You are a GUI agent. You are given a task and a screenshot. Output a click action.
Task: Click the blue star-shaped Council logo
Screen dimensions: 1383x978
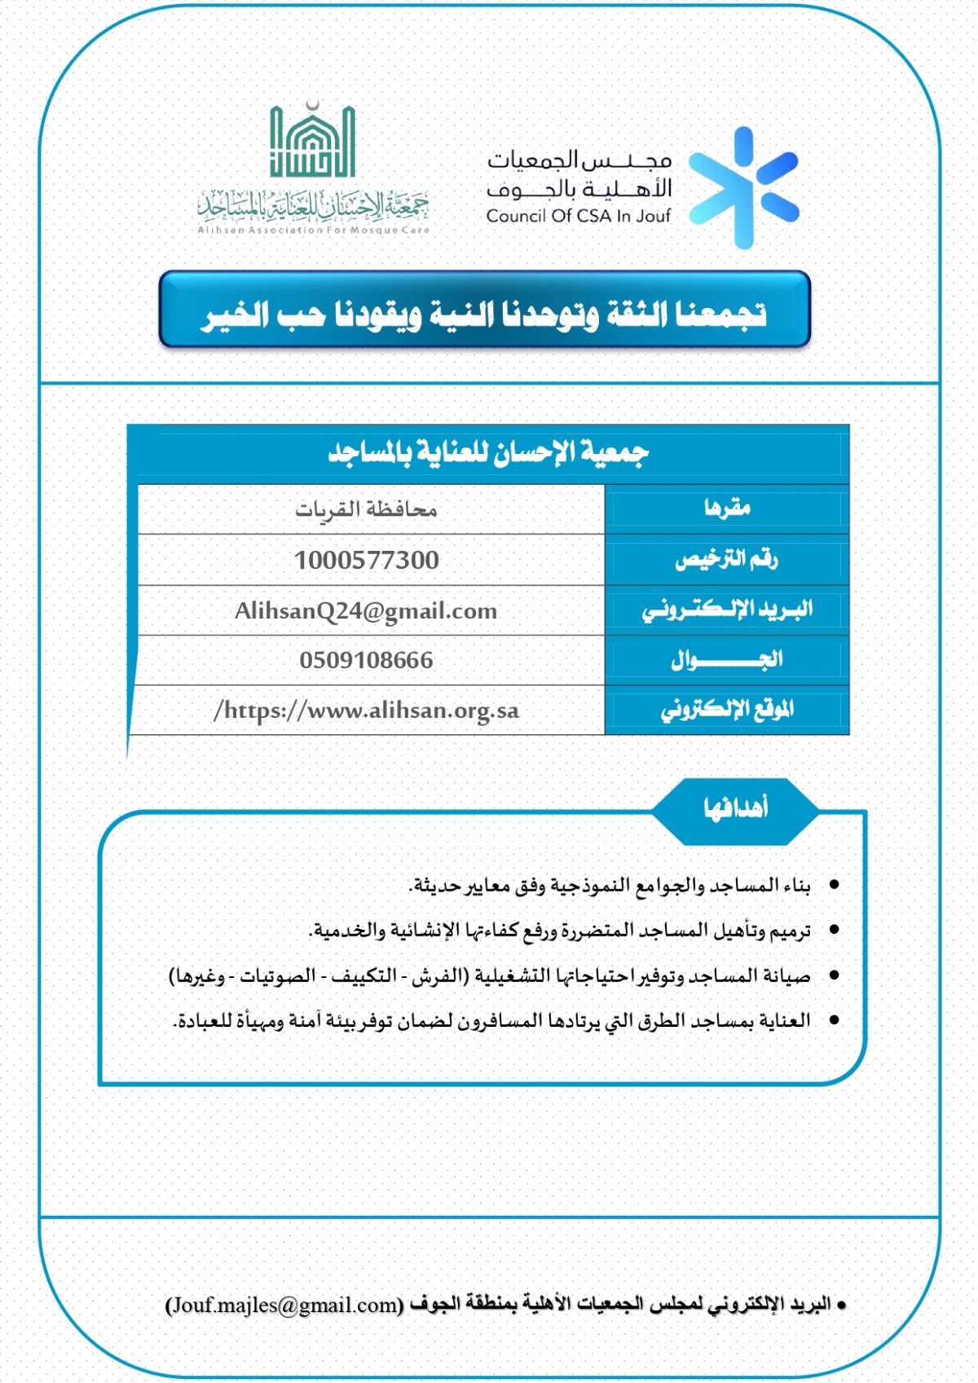(x=743, y=187)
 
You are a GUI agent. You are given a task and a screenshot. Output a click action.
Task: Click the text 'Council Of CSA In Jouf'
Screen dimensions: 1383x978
(x=578, y=216)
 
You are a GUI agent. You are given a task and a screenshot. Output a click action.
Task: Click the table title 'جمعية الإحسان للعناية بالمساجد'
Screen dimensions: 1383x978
(x=488, y=451)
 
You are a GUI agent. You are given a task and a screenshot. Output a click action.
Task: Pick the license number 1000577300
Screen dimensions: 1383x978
(x=367, y=561)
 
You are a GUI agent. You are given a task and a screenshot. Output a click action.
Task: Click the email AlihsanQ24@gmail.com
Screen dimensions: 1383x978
(x=366, y=611)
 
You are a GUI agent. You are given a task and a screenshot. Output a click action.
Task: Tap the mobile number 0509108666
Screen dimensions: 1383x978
(x=366, y=660)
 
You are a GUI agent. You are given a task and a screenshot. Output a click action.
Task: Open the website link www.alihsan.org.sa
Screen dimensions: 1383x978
(x=366, y=711)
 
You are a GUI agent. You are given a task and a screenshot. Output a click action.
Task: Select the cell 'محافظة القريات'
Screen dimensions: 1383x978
(x=366, y=510)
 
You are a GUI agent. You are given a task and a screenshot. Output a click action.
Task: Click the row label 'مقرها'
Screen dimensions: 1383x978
(x=727, y=509)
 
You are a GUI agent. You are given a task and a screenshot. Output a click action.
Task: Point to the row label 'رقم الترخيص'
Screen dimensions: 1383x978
(x=727, y=559)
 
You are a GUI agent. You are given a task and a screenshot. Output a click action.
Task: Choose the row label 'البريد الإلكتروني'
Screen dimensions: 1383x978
(x=727, y=610)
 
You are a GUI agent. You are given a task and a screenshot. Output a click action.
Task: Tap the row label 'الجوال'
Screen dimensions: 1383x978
(x=727, y=659)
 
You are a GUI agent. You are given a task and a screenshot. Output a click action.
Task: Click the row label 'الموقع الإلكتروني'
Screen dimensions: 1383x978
(x=727, y=710)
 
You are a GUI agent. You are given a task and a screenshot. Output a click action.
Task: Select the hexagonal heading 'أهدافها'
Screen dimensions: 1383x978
(x=736, y=808)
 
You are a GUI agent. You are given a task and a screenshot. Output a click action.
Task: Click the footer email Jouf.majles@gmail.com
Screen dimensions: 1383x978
(x=284, y=1305)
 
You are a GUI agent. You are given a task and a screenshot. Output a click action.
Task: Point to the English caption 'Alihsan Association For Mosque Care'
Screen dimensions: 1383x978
(x=313, y=230)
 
